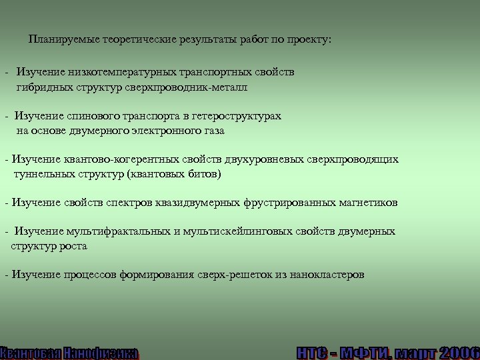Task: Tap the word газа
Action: (x=213, y=131)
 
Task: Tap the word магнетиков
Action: (x=369, y=202)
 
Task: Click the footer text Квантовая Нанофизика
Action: (x=69, y=353)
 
